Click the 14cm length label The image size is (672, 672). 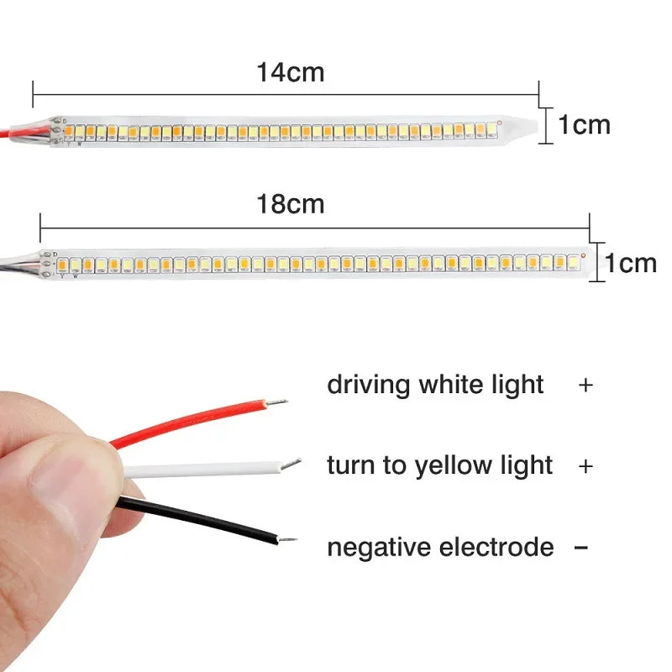pyautogui.click(x=290, y=72)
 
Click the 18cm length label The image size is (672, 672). pyautogui.click(x=290, y=204)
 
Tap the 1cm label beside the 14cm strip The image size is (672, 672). pyautogui.click(x=585, y=125)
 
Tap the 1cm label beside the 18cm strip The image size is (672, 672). pyautogui.click(x=631, y=263)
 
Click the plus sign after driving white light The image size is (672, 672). pyautogui.click(x=585, y=386)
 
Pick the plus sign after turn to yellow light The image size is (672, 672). pyautogui.click(x=585, y=465)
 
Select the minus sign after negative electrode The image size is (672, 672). pyautogui.click(x=580, y=548)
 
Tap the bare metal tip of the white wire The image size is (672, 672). pyautogui.click(x=291, y=462)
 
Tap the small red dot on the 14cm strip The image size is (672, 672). pyautogui.click(x=499, y=123)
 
